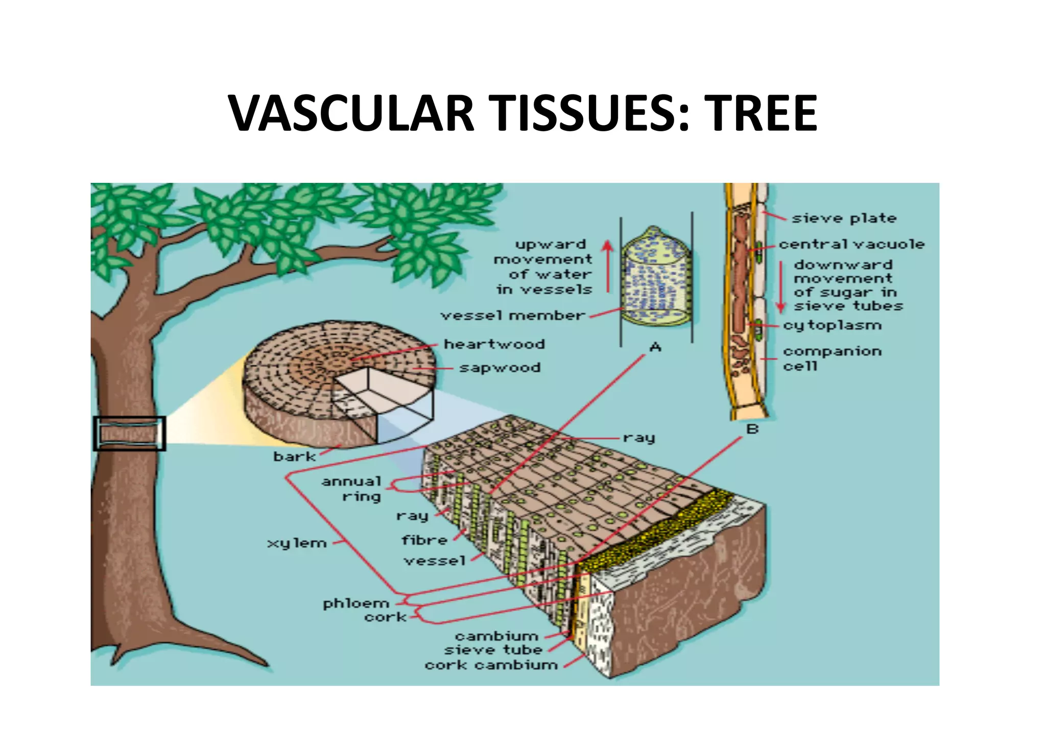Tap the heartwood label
[494, 344]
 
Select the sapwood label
[500, 368]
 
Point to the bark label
[294, 457]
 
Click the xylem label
[297, 543]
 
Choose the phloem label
[356, 604]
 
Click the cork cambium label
[491, 665]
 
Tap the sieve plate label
[844, 219]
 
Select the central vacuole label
[851, 245]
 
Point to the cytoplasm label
[833, 325]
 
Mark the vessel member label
[512, 316]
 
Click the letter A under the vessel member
[655, 348]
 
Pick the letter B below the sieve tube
[752, 430]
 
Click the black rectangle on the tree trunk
[129, 434]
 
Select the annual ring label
[352, 489]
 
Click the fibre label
[424, 540]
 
